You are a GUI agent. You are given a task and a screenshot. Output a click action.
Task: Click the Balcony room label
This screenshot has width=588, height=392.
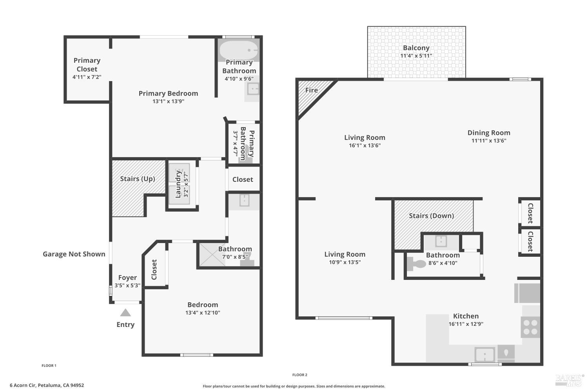416,48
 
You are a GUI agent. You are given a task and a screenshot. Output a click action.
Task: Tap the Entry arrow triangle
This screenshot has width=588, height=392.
125,312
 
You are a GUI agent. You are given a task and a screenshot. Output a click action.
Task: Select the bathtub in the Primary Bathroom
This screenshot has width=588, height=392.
239,51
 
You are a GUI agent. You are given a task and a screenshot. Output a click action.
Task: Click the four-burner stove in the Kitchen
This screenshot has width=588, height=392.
530,327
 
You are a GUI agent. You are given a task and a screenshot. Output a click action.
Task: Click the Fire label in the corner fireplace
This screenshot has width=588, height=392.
311,90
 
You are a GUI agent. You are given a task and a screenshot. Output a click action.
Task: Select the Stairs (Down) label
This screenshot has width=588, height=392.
431,216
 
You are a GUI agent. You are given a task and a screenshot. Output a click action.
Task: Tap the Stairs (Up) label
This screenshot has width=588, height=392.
137,179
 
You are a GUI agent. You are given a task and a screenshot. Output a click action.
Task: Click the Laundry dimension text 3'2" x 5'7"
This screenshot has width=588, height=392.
186,184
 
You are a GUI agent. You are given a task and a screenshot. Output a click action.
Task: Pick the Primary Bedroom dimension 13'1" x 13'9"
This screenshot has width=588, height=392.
168,102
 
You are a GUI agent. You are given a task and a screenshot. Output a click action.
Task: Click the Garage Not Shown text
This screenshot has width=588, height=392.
74,254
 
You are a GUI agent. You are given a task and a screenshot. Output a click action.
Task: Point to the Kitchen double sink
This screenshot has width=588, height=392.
485,354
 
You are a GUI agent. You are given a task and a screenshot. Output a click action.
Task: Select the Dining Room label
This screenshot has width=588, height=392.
489,133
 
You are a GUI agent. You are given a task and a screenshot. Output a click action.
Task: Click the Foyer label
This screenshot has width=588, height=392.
127,278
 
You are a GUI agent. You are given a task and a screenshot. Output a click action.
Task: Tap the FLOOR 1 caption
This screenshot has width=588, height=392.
49,365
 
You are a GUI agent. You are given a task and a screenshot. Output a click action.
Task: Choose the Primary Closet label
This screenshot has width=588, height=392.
87,65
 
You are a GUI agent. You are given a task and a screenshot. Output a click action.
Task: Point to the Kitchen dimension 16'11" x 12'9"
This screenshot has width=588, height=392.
466,324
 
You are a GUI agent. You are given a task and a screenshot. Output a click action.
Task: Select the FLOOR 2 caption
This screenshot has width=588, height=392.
300,375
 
